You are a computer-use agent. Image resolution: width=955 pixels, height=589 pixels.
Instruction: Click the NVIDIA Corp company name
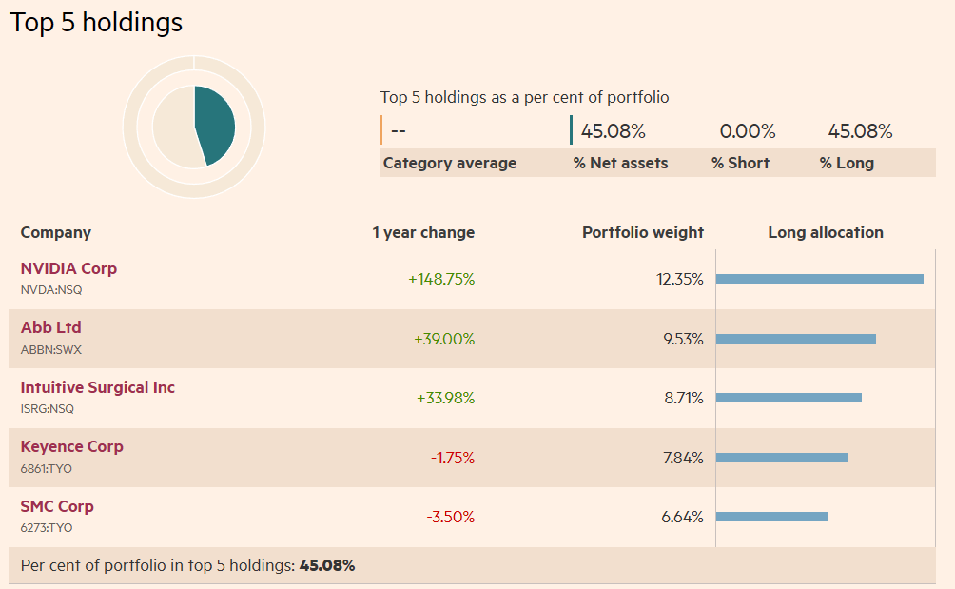tap(68, 268)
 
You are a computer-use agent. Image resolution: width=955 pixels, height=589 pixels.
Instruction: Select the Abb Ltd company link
tap(51, 327)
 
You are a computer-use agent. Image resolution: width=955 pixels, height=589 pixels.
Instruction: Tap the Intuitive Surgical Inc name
tap(98, 387)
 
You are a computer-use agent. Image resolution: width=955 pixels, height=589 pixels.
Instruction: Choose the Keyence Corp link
tap(72, 446)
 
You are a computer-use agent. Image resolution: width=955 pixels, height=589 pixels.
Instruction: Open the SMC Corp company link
tap(57, 506)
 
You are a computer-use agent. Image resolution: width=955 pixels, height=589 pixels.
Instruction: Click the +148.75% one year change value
tap(441, 279)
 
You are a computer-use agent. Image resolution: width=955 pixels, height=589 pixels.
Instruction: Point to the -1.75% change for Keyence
tap(452, 458)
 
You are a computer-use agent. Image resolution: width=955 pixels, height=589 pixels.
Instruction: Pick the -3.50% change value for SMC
tap(450, 517)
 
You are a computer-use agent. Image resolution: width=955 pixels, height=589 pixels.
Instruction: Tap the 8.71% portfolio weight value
tap(683, 398)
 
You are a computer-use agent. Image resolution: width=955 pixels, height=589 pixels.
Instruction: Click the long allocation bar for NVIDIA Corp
tap(819, 279)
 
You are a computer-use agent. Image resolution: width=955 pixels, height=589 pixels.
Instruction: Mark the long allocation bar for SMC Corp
tap(771, 517)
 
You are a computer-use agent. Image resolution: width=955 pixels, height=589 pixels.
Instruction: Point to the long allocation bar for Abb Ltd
tap(795, 339)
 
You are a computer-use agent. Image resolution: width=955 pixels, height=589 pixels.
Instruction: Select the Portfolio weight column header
tap(643, 232)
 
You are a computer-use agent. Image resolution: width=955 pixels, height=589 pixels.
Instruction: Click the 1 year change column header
tap(423, 232)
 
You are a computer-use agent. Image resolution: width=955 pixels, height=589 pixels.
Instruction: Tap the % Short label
tap(740, 163)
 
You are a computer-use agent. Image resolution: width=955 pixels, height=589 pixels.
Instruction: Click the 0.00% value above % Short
tap(747, 131)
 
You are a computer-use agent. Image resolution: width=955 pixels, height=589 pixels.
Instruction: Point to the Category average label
tap(449, 163)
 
